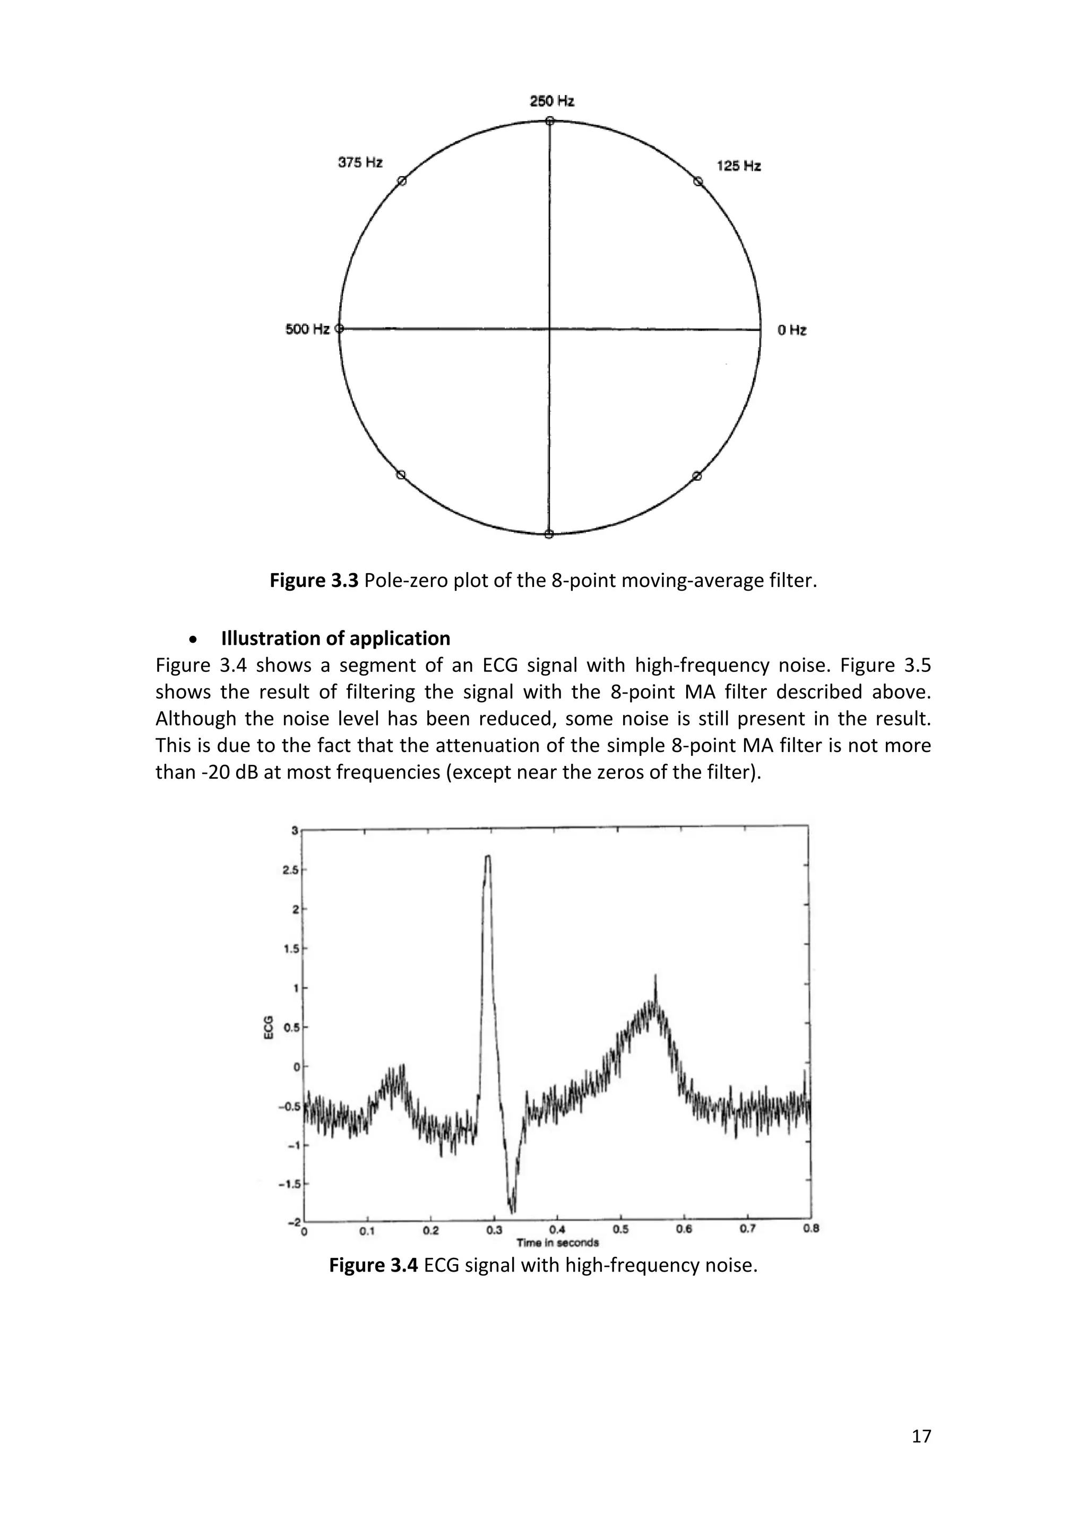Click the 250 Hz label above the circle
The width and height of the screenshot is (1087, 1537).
pos(551,101)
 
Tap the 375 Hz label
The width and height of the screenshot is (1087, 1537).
pos(360,163)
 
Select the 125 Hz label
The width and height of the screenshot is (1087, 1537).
pos(738,166)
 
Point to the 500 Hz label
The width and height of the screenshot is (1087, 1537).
pos(307,330)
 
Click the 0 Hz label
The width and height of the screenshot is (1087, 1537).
pos(792,330)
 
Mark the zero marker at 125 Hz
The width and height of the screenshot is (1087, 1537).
pos(697,182)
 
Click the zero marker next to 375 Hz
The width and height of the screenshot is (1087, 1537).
pos(402,181)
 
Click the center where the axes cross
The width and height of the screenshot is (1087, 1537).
pos(549,329)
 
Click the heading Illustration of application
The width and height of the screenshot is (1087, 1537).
pos(335,638)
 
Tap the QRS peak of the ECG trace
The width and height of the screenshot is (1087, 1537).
pos(488,856)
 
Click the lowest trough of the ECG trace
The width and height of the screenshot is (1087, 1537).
pos(513,1212)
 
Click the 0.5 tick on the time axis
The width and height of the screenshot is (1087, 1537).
pos(620,1229)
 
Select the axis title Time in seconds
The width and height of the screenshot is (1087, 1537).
pos(557,1242)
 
